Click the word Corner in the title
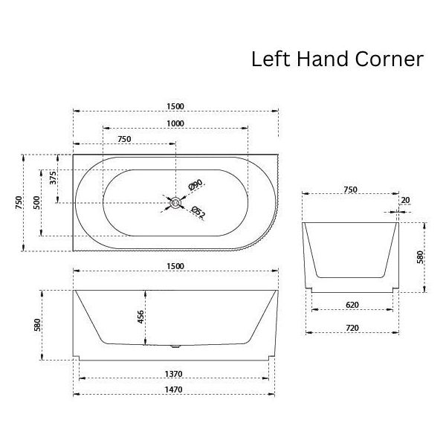pos(389,59)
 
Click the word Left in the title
pos(271,59)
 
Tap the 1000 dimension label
pos(175,123)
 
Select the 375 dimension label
pos(54,178)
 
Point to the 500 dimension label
pos(37,202)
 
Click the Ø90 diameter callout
pos(195,184)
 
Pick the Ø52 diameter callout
pos(198,212)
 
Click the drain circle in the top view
pos(175,202)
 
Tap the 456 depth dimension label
pos(140,317)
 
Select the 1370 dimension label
pos(173,374)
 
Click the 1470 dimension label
pos(173,390)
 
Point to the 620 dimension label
pos(352,305)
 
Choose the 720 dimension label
pos(352,328)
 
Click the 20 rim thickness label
pos(405,200)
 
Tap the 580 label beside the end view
pos(420,257)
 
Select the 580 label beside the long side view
pos(37,325)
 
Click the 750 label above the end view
pos(350,190)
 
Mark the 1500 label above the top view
pos(175,106)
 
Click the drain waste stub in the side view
pos(175,346)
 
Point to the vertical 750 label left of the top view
pos(19,202)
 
